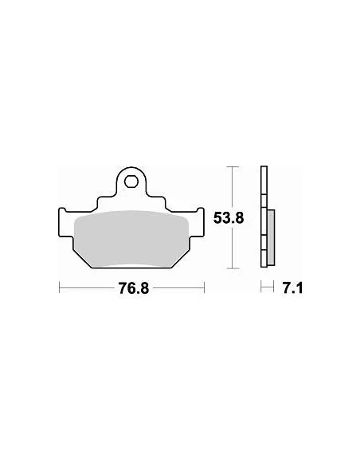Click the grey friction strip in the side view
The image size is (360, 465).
click(x=271, y=239)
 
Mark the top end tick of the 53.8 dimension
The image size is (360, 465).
click(x=231, y=166)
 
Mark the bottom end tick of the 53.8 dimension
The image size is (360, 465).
click(x=231, y=268)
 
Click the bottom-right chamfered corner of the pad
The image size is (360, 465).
click(x=182, y=256)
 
